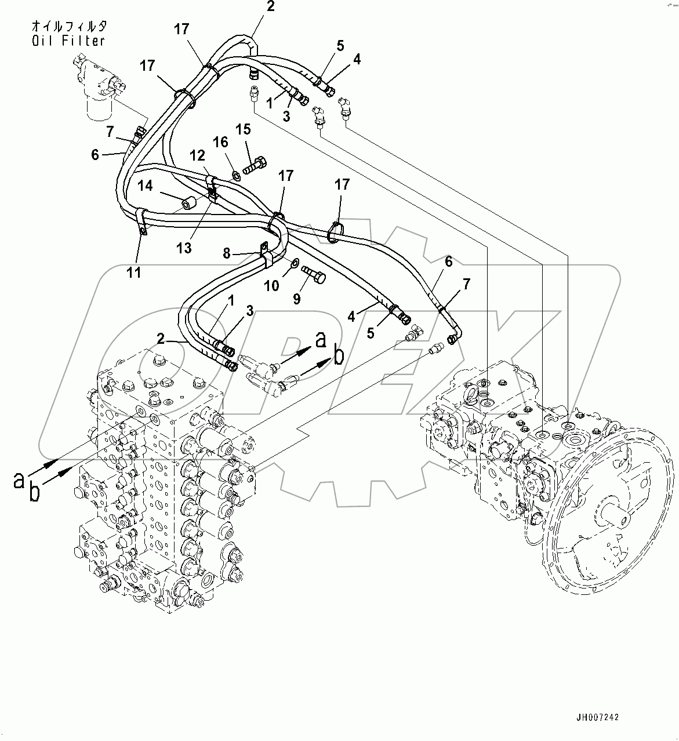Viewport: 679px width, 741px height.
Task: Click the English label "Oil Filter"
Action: (x=68, y=41)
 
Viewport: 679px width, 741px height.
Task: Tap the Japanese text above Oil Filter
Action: (x=68, y=27)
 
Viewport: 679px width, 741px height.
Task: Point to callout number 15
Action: (x=244, y=129)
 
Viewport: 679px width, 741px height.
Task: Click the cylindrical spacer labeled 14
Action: (x=189, y=204)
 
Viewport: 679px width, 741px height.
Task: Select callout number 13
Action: (x=184, y=248)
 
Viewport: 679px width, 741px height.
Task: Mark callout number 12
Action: (x=197, y=155)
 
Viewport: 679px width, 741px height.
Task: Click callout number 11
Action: (x=134, y=272)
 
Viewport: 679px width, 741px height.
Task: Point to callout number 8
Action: (x=227, y=253)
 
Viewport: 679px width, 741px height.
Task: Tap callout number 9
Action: (x=296, y=299)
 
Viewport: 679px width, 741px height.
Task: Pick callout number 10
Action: (x=273, y=285)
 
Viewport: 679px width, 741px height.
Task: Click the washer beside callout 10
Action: (x=295, y=264)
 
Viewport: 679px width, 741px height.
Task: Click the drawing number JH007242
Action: (x=598, y=717)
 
